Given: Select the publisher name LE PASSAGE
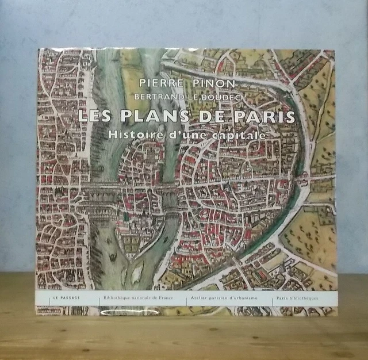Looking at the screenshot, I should tap(64, 300).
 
